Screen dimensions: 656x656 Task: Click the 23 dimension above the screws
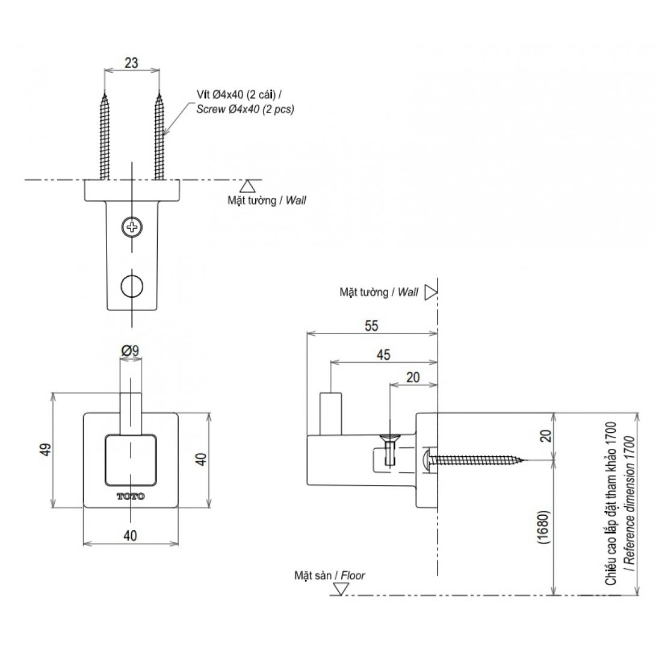click(x=132, y=61)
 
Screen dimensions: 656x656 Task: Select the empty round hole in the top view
click(x=131, y=286)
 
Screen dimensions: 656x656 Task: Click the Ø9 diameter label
click(x=131, y=350)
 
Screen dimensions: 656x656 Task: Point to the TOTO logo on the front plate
click(x=131, y=497)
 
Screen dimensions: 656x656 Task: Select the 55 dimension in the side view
click(x=371, y=326)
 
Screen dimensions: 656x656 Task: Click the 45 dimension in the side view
click(x=383, y=355)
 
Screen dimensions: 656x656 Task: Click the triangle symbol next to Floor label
click(x=340, y=589)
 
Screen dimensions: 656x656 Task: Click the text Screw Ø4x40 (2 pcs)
click(x=245, y=110)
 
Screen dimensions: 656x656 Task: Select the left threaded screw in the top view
click(x=105, y=135)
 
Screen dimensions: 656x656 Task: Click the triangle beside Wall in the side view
click(x=430, y=292)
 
